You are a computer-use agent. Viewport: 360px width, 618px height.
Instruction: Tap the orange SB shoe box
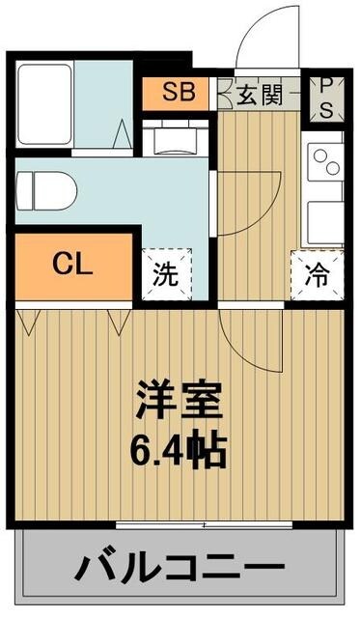[177, 94]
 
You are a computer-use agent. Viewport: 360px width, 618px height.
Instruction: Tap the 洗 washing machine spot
[167, 273]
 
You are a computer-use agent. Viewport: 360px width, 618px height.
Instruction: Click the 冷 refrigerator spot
[316, 273]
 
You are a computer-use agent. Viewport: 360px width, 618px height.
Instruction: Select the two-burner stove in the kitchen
[325, 161]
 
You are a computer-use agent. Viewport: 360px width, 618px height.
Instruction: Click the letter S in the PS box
[325, 109]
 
